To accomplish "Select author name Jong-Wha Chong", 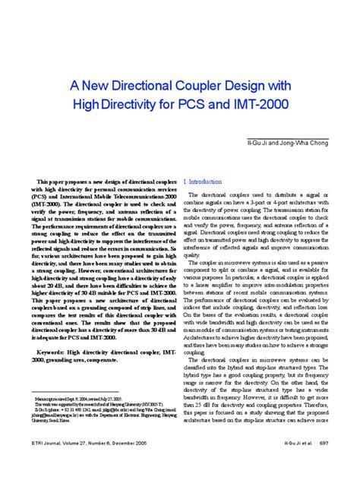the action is point(305,143).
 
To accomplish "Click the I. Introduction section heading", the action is point(203,182).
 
